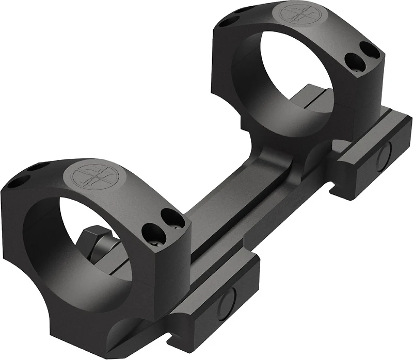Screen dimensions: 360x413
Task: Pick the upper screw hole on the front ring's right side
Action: pos(168,215)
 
